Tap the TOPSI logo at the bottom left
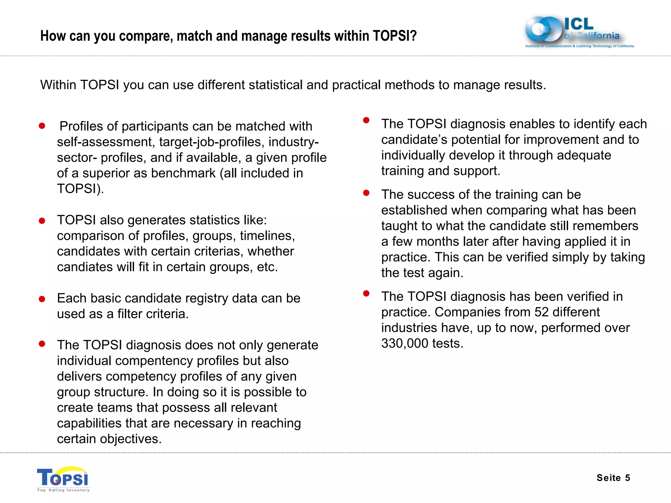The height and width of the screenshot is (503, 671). [x=63, y=479]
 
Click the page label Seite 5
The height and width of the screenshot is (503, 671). [x=613, y=478]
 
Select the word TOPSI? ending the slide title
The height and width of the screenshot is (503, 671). [x=394, y=36]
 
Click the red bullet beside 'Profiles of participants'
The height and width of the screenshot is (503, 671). [x=42, y=126]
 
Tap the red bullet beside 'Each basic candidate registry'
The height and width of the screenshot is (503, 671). [x=42, y=299]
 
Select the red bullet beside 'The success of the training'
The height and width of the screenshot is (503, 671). [x=366, y=193]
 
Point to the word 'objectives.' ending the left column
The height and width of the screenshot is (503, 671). [x=131, y=439]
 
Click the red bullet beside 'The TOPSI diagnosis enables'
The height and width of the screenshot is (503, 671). [x=366, y=120]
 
